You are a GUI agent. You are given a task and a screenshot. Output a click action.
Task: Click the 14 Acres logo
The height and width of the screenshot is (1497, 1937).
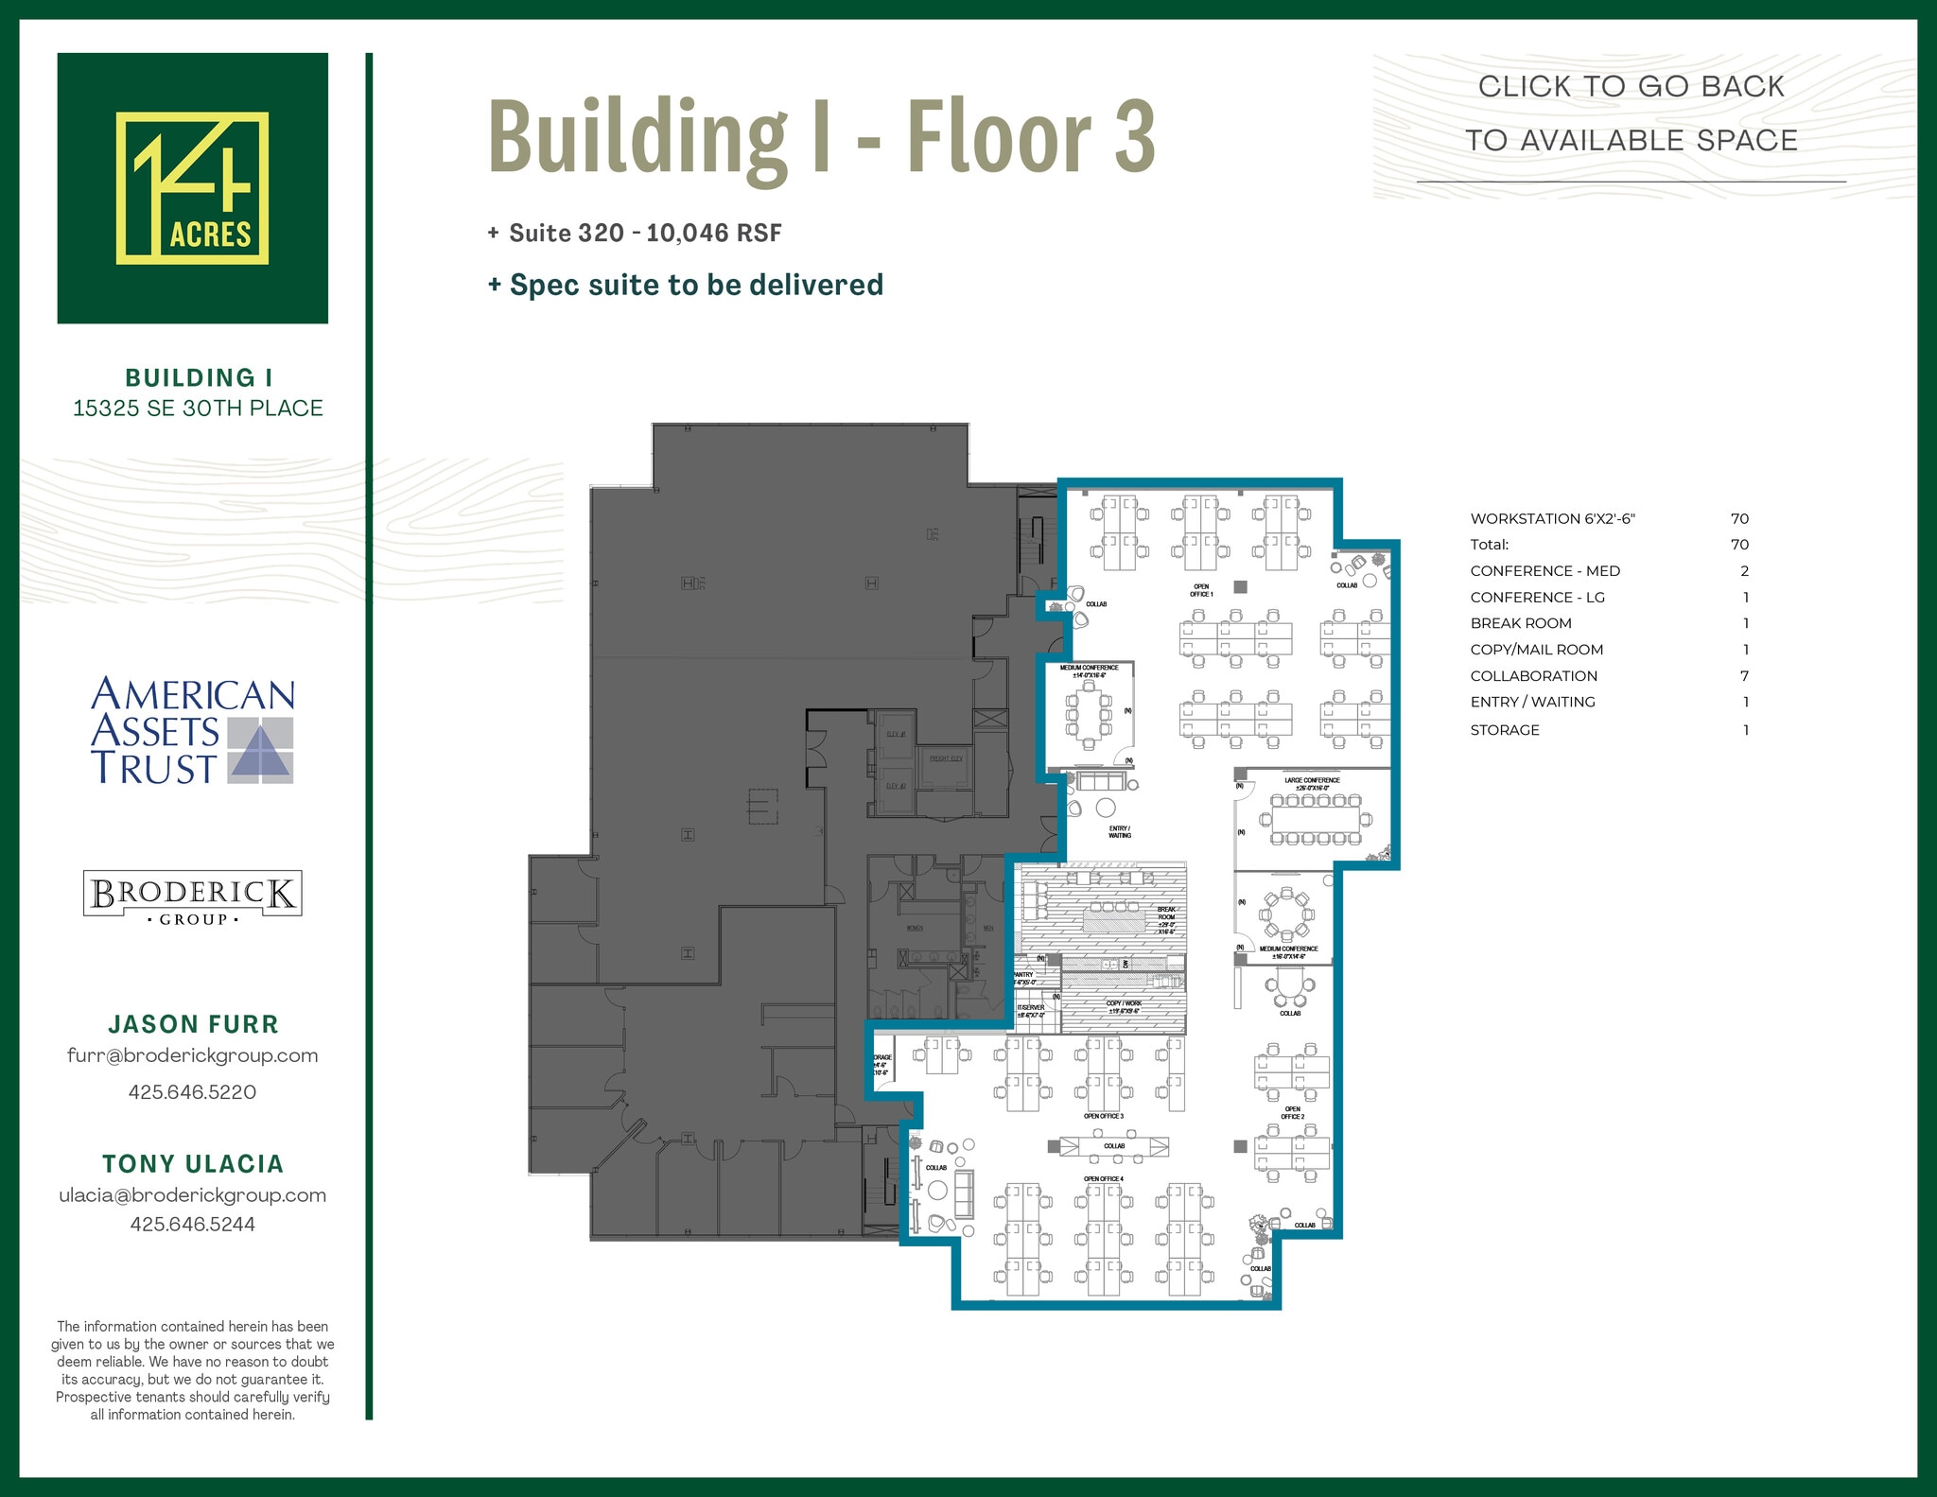tap(192, 188)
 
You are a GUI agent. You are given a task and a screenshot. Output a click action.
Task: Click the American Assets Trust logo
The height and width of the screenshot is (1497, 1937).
tap(192, 730)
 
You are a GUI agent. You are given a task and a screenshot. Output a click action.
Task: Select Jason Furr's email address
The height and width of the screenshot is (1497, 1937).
tap(192, 1056)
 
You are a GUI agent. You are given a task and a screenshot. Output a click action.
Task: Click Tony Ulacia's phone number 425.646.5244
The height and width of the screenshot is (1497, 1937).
tap(192, 1225)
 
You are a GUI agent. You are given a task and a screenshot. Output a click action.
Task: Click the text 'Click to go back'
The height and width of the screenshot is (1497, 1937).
tap(1631, 87)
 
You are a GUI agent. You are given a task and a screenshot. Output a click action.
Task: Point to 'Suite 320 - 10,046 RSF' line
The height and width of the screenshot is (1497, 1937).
tap(644, 234)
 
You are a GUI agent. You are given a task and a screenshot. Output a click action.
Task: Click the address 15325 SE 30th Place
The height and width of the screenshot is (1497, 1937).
tap(198, 409)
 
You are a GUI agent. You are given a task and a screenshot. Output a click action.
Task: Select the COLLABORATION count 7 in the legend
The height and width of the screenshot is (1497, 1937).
tap(1744, 676)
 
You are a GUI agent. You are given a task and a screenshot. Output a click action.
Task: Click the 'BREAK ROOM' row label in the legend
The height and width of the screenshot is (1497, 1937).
tap(1521, 623)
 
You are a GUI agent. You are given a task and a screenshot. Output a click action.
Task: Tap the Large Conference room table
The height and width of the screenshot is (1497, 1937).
tap(1316, 820)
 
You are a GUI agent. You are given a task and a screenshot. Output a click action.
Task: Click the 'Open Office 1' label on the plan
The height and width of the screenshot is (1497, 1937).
tap(1201, 590)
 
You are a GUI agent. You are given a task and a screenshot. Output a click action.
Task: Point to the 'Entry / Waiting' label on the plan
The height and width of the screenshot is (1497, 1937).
tap(1120, 832)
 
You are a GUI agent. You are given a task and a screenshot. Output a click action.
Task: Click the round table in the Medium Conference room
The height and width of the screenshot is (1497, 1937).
tap(1286, 914)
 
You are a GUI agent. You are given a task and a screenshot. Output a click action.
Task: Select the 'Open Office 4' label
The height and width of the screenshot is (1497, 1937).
tap(1103, 1179)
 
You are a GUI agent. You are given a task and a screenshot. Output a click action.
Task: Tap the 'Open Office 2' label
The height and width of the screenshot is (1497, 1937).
tap(1292, 1113)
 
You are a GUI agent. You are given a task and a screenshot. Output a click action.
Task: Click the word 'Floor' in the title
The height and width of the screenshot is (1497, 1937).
tap(999, 137)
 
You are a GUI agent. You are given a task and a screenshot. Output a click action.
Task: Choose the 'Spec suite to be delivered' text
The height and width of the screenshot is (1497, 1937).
tap(696, 285)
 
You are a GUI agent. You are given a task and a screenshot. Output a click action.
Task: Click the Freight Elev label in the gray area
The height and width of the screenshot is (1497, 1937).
tap(946, 758)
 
